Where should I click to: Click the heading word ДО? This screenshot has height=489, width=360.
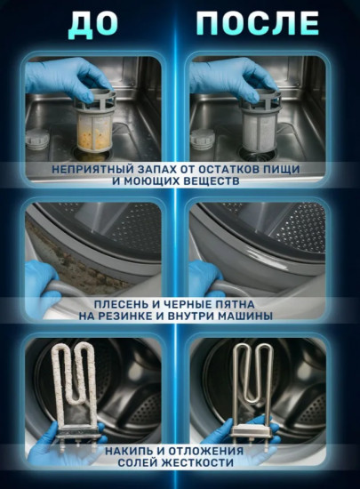click(91, 23)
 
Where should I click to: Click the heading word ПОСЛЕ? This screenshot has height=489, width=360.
click(258, 23)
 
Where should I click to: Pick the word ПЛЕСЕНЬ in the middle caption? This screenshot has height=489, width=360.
click(111, 303)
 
